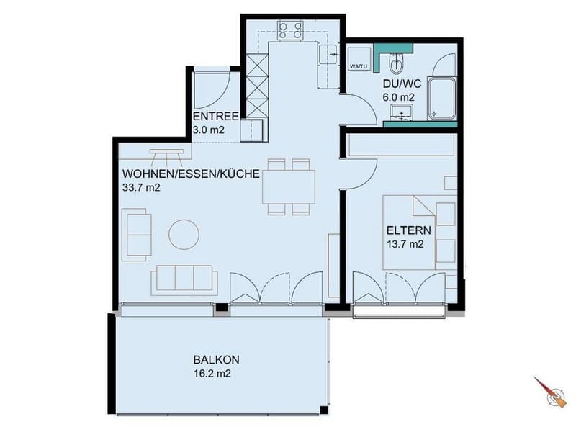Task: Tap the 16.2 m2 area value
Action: pos(212,374)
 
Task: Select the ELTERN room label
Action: pos(409,230)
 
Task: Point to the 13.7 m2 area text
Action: pos(405,244)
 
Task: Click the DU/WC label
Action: pos(402,84)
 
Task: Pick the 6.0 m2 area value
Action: pos(399,97)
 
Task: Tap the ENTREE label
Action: pos(216,117)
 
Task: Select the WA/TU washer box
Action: pos(359,58)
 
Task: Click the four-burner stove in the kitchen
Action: pos(290,30)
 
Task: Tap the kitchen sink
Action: pos(329,55)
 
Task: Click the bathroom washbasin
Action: pos(402,112)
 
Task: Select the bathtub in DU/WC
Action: pos(442,98)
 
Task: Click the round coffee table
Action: pos(184,235)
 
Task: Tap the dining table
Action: pos(289,187)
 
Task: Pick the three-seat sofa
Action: pos(184,280)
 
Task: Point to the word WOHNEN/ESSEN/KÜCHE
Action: pos(191,174)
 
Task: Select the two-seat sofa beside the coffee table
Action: pos(137,235)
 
